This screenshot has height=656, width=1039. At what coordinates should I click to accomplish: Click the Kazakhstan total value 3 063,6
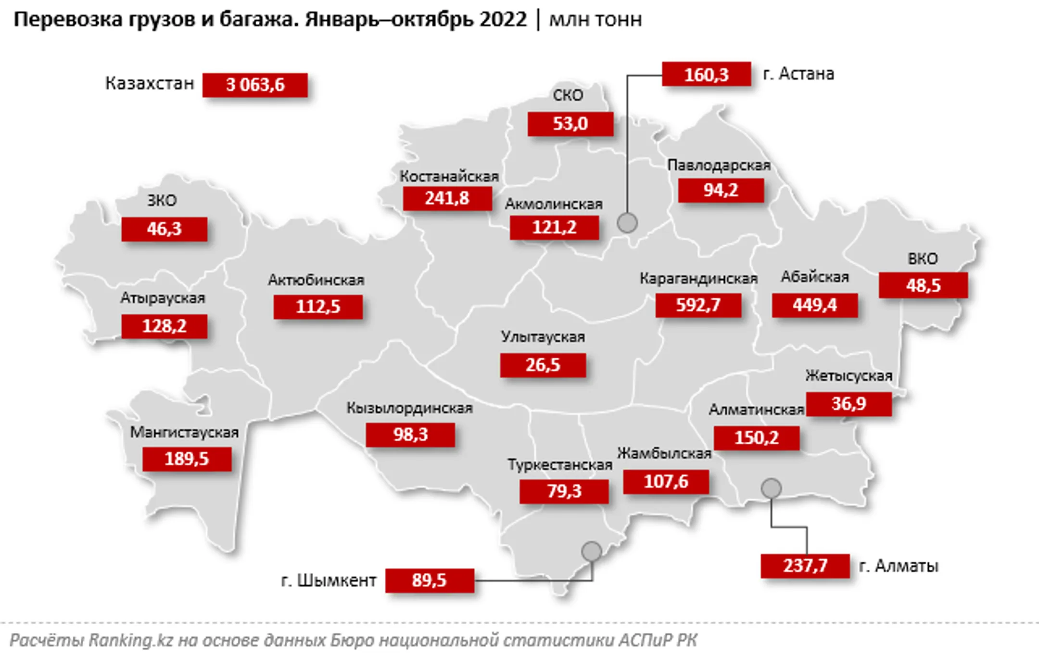pyautogui.click(x=255, y=85)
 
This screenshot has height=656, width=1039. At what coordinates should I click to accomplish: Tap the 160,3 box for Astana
pyautogui.click(x=706, y=75)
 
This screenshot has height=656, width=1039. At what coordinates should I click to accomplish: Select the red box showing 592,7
pyautogui.click(x=698, y=305)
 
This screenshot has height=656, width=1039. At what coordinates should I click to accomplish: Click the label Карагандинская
pyautogui.click(x=698, y=279)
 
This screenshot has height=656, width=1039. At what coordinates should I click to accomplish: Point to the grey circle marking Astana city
pyautogui.click(x=627, y=223)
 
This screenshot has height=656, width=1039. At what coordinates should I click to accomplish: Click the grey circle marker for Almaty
pyautogui.click(x=771, y=489)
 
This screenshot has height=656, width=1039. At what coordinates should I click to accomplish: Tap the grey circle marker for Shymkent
pyautogui.click(x=591, y=552)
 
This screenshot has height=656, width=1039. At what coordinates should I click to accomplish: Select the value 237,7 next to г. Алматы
pyautogui.click(x=805, y=566)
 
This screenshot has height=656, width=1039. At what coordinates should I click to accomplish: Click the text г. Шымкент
pyautogui.click(x=329, y=580)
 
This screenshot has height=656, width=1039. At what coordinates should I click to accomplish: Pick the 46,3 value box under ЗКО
pyautogui.click(x=164, y=229)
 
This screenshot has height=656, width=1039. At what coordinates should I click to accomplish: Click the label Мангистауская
pyautogui.click(x=184, y=432)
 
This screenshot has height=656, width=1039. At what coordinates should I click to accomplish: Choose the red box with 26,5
pyautogui.click(x=543, y=365)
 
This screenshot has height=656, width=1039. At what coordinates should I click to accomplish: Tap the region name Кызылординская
pyautogui.click(x=409, y=408)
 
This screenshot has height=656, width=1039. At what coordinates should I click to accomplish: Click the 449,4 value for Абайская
pyautogui.click(x=814, y=305)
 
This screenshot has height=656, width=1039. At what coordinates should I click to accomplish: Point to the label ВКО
pyautogui.click(x=923, y=259)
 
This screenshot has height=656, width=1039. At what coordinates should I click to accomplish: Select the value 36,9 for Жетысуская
pyautogui.click(x=849, y=404)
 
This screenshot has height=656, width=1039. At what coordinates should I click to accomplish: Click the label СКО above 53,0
pyautogui.click(x=568, y=95)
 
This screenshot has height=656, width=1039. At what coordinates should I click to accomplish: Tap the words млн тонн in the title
pyautogui.click(x=596, y=20)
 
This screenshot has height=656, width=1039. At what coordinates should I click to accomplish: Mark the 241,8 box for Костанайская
pyautogui.click(x=447, y=198)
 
